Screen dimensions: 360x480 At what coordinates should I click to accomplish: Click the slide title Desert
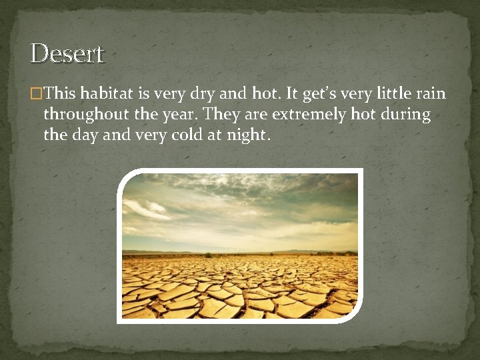[67, 53]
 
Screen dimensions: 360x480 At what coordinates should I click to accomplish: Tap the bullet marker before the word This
[37, 94]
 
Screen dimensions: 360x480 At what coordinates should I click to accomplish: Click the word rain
[431, 94]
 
